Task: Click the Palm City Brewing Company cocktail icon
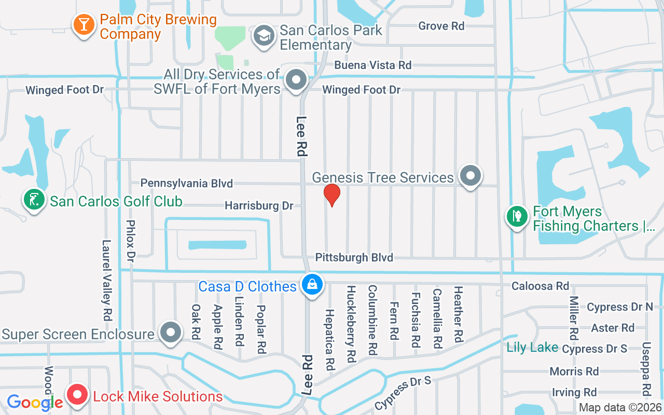(x=82, y=24)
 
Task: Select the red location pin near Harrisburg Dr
(x=331, y=195)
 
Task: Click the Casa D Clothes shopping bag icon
(x=312, y=284)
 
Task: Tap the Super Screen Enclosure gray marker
(x=170, y=331)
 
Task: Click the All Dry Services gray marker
(x=297, y=80)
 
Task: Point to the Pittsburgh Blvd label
(x=354, y=257)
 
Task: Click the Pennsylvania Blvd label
(x=187, y=183)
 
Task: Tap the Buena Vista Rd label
(x=372, y=65)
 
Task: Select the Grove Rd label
(x=441, y=26)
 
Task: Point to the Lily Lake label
(x=532, y=348)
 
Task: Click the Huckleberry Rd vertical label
(x=351, y=323)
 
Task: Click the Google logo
(x=35, y=402)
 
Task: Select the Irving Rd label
(x=574, y=392)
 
